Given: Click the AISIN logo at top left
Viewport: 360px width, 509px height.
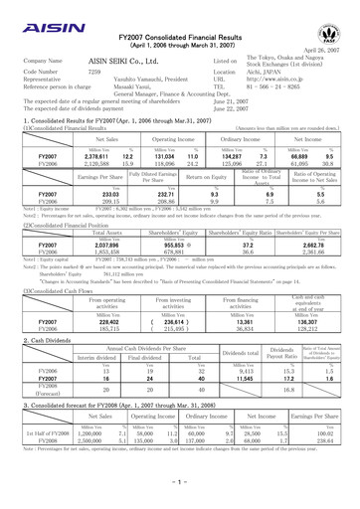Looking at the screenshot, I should click(33, 19).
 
